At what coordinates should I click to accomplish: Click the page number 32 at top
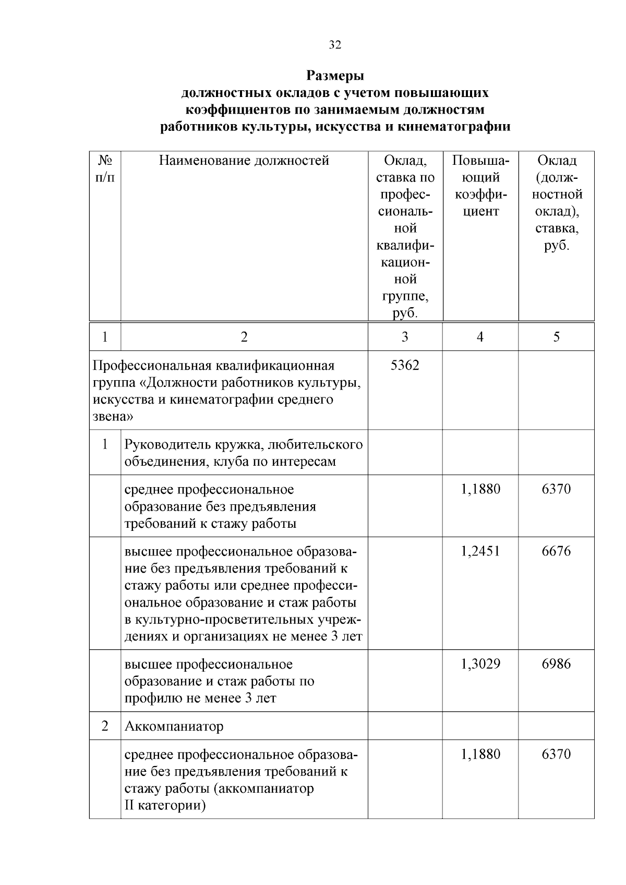[335, 45]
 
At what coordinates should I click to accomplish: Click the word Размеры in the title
[335, 76]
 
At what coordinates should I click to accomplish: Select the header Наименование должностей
[244, 161]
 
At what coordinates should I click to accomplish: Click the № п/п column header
[105, 168]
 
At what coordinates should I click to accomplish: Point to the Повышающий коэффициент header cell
[480, 186]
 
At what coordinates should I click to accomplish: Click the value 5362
[405, 366]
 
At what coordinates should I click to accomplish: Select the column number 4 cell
[480, 337]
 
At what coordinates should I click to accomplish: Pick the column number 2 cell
[244, 337]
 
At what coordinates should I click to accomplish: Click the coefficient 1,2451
[480, 551]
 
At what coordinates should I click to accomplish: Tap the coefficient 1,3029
[480, 664]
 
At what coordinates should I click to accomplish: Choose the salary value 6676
[556, 551]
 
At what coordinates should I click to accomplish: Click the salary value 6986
[556, 664]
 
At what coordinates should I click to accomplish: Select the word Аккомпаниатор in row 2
[174, 726]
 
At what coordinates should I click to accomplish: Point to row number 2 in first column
[105, 726]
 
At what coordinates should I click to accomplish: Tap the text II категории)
[165, 805]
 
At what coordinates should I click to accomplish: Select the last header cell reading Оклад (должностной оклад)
[557, 203]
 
